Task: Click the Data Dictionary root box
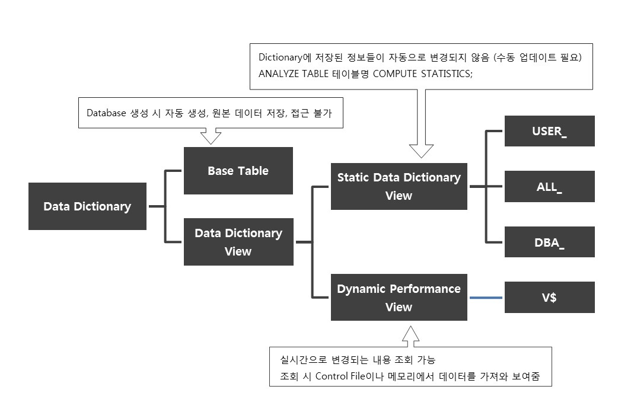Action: click(x=87, y=206)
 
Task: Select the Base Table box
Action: click(x=238, y=171)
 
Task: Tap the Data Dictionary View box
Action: click(x=238, y=242)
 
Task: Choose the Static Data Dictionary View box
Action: click(x=399, y=186)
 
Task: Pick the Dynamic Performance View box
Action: click(x=399, y=298)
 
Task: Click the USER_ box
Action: click(x=549, y=131)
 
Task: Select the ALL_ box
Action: click(x=549, y=187)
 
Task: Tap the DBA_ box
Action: click(x=549, y=242)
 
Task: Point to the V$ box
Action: click(x=549, y=298)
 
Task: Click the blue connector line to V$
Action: click(x=486, y=298)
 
